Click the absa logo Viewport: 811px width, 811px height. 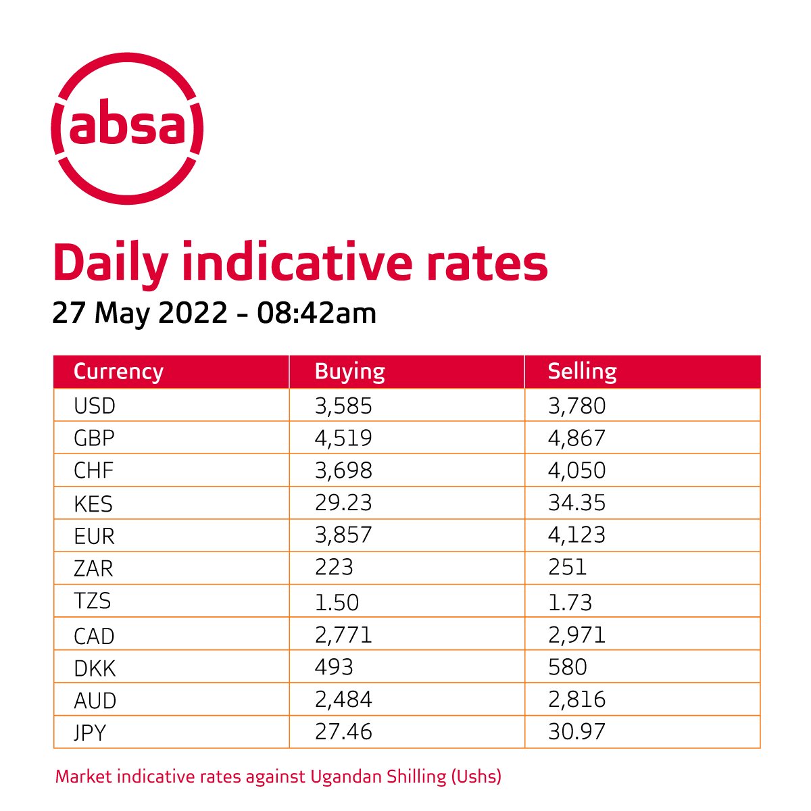coord(128,128)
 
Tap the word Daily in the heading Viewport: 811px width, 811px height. coord(109,264)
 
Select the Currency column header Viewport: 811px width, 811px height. coord(118,372)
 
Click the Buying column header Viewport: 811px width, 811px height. coord(349,372)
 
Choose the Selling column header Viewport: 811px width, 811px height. coord(582,372)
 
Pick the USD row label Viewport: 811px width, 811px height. coord(95,406)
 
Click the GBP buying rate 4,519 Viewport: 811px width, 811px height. coord(343,438)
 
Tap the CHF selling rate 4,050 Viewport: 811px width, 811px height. coord(576,470)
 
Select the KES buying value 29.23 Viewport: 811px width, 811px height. coord(343,503)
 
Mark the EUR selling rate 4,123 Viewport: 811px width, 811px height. coord(576,535)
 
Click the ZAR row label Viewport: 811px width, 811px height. coord(93,568)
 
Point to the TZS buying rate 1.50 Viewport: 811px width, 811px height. coord(337,601)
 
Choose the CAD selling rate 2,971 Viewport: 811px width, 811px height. coord(576,635)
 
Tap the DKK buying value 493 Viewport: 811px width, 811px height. coord(334,667)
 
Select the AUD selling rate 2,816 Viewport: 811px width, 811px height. coord(576,699)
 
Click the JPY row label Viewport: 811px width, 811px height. coord(90,732)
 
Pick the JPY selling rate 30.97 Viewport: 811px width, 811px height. coord(576,731)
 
